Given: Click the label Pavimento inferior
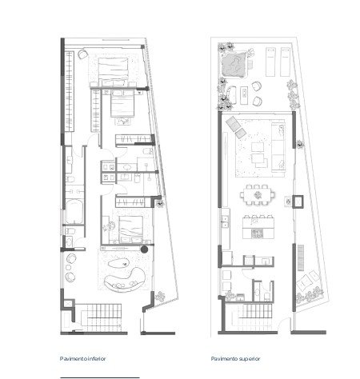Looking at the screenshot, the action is tap(83, 359).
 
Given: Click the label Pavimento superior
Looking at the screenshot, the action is tap(235, 359).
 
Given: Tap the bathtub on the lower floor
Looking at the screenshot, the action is tap(74, 212).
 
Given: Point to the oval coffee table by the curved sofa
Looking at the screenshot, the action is tap(118, 263).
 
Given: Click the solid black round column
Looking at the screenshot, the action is tap(144, 249).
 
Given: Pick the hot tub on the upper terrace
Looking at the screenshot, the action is tap(234, 65).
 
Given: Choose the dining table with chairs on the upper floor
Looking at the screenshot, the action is tap(257, 196).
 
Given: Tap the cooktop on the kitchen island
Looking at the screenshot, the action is tap(258, 233).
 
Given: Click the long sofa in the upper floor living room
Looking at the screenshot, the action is tap(278, 147).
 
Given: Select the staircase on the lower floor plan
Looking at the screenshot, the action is tap(101, 317).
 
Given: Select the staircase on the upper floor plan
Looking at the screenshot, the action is tap(253, 317).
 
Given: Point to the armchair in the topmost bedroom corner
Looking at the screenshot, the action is tap(83, 54).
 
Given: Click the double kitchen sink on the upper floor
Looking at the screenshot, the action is tap(226, 222).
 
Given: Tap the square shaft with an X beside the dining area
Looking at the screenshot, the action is tap(298, 201).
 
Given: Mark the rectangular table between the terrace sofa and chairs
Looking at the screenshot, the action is tap(244, 95).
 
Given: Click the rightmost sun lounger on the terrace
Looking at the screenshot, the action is tap(285, 62).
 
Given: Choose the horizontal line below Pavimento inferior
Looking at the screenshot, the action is tap(100, 377).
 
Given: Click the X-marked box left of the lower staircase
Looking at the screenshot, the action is tap(68, 304).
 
